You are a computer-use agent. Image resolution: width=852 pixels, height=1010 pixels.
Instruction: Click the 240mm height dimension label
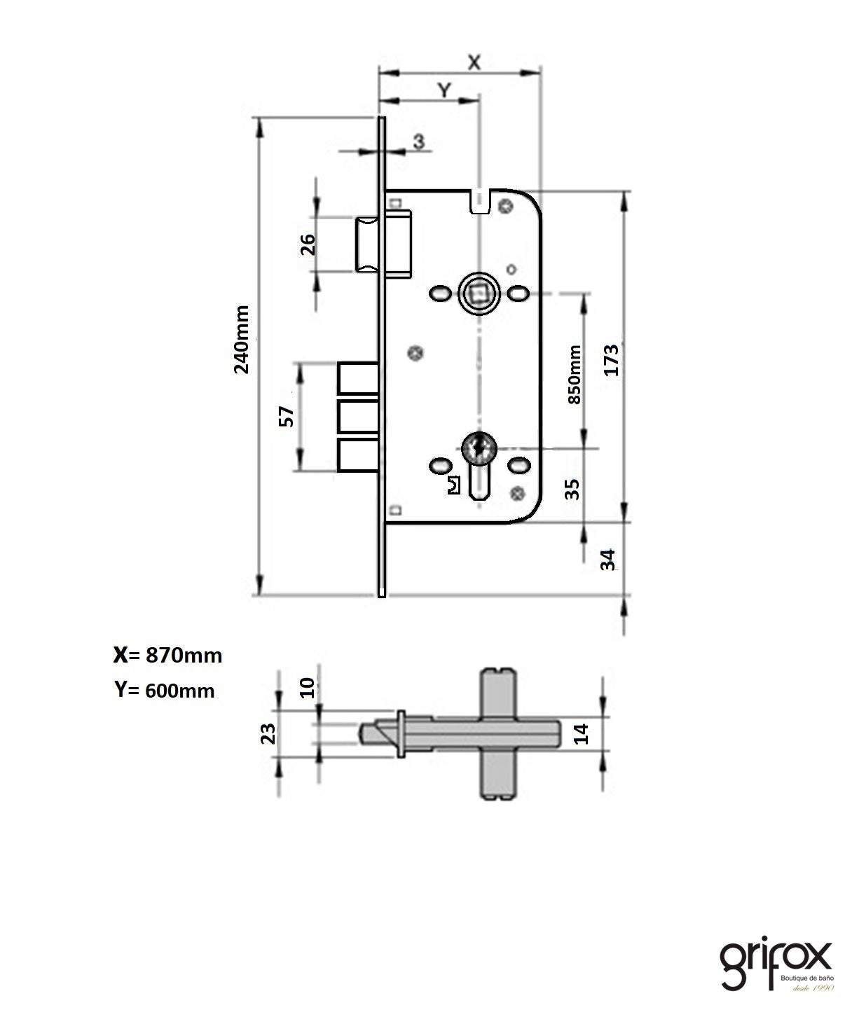242,340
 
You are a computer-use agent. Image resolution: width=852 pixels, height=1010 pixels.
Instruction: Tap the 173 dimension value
611,360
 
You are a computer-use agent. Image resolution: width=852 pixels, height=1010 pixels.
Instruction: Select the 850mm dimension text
574,375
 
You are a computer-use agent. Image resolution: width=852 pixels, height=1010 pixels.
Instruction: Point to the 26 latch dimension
308,244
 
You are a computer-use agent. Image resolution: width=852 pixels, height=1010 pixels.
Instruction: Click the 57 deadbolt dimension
287,417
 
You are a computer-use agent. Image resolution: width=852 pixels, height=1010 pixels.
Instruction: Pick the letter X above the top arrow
474,62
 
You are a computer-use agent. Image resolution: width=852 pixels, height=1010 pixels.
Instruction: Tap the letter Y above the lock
444,90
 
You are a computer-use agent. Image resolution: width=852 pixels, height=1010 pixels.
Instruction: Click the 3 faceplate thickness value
418,141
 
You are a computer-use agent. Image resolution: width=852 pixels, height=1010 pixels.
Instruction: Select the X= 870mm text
168,655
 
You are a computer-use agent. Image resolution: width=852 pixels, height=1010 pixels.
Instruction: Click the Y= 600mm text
165,690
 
